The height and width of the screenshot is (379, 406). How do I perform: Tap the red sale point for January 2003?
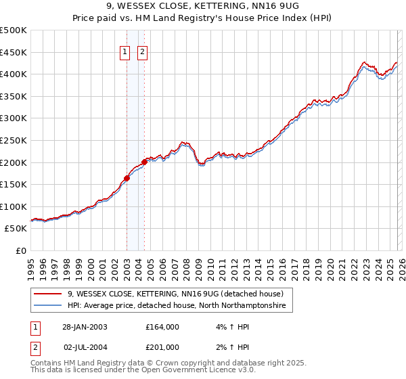coord(127,179)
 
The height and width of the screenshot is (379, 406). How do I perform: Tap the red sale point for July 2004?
coord(144,162)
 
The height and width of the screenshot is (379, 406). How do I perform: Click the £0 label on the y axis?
coord(20,250)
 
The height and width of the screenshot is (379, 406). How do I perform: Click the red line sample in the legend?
coord(48,294)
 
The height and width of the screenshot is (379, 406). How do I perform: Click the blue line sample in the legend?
coord(48,306)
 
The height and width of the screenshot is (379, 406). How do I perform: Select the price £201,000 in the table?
coord(162,347)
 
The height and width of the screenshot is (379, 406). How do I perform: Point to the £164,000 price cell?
coord(162,326)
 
